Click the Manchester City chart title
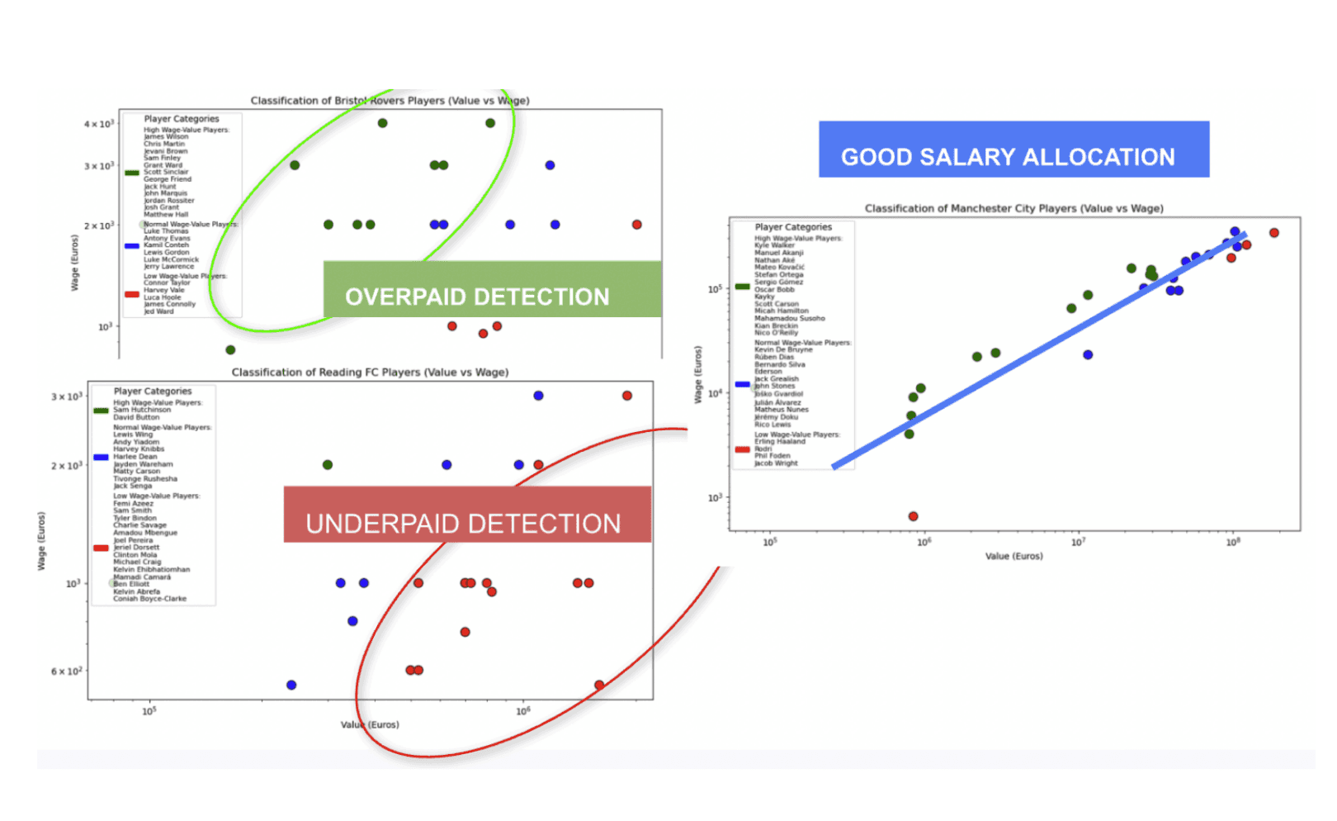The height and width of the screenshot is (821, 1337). point(1013,208)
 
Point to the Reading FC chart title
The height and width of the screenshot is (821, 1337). point(370,373)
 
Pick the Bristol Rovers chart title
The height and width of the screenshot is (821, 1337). point(390,101)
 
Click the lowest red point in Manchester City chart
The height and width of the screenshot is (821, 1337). point(913,516)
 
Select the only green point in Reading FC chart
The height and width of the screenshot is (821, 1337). point(328,465)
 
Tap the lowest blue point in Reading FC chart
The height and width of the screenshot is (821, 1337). point(291,685)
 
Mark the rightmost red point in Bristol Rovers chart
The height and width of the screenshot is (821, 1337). point(636,225)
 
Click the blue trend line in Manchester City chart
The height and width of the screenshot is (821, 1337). point(1032,355)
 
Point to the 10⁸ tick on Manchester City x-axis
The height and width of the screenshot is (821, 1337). point(1232,543)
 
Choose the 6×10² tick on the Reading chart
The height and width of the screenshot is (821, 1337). point(67,672)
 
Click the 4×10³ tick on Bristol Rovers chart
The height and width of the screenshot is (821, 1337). point(99,124)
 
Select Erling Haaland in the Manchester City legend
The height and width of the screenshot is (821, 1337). point(779,441)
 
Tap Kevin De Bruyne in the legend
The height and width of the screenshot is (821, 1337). point(783,349)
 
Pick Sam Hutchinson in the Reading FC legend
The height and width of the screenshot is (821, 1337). point(142,410)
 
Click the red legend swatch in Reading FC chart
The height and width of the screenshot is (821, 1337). point(101,548)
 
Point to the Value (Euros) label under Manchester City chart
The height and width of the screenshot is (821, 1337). point(1013,556)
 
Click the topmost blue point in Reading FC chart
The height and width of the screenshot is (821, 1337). point(538,396)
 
